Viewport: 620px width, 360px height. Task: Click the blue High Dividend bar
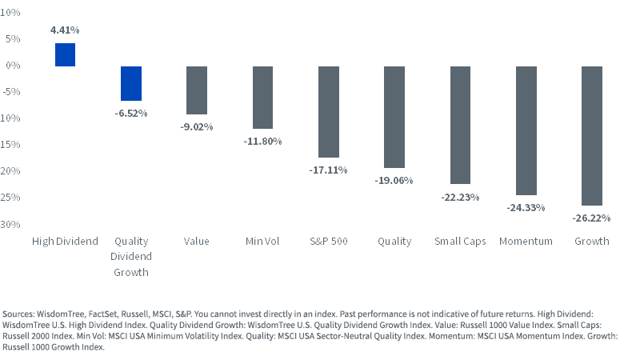point(66,54)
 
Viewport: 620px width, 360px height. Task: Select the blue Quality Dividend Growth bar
point(131,83)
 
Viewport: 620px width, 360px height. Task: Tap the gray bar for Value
point(197,90)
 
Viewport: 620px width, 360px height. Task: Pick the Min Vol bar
point(262,98)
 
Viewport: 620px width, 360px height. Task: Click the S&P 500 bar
point(329,112)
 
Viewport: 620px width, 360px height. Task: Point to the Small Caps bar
point(460,125)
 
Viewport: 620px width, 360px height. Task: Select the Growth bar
point(592,136)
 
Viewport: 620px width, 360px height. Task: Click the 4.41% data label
point(65,30)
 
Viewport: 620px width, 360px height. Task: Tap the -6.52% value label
point(131,114)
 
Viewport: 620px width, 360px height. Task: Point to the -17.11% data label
point(328,170)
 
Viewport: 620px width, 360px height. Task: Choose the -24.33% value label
point(526,208)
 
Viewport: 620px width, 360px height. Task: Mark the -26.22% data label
point(591,218)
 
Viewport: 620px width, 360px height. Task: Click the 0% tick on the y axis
point(13,66)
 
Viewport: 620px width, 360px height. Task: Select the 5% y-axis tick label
point(13,38)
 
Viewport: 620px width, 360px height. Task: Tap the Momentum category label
point(526,241)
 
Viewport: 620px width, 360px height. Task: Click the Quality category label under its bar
point(394,242)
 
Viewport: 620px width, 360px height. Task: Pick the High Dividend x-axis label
point(66,242)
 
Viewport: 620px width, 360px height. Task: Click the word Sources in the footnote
point(18,314)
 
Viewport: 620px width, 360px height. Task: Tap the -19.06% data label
point(394,181)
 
